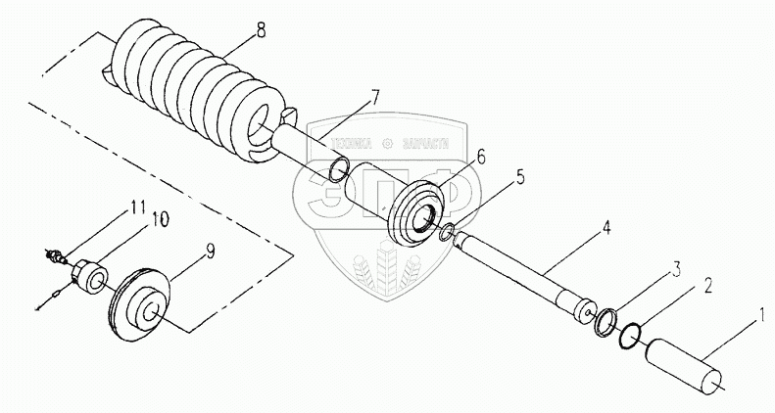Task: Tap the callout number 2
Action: [x=695, y=290]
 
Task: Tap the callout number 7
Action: [x=373, y=97]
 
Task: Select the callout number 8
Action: [x=259, y=29]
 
